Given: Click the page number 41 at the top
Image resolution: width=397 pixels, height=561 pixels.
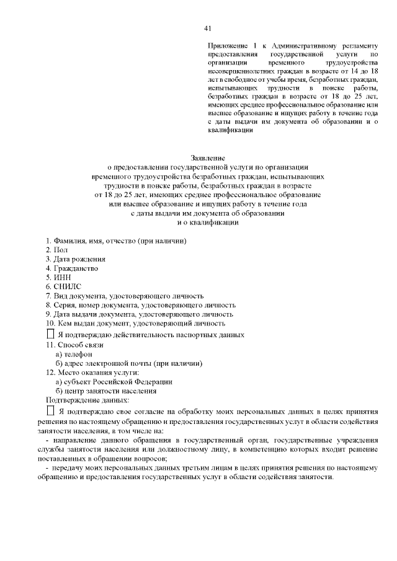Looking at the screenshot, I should [x=208, y=28].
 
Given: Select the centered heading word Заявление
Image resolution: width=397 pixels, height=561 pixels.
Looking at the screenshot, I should [x=208, y=158].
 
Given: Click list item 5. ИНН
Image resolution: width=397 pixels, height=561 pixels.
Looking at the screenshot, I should [x=59, y=278].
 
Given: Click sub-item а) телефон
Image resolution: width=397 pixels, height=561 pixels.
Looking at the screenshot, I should [x=74, y=353].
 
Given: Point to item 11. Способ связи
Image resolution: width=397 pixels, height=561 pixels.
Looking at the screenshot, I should [x=74, y=344].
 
